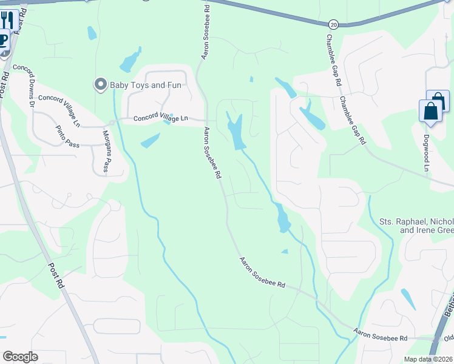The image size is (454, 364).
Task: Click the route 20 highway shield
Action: tap(334, 24)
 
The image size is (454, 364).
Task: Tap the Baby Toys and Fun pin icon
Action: tap(100, 84)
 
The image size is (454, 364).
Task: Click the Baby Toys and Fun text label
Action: tap(145, 85)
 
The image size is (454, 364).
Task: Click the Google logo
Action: tap(20, 357)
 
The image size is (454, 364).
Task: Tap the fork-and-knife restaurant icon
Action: tap(7, 19)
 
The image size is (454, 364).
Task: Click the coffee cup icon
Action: tap(3, 41)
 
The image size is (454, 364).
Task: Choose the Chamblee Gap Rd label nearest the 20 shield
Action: tap(331, 59)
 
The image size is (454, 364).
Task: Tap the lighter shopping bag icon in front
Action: tap(430, 112)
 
